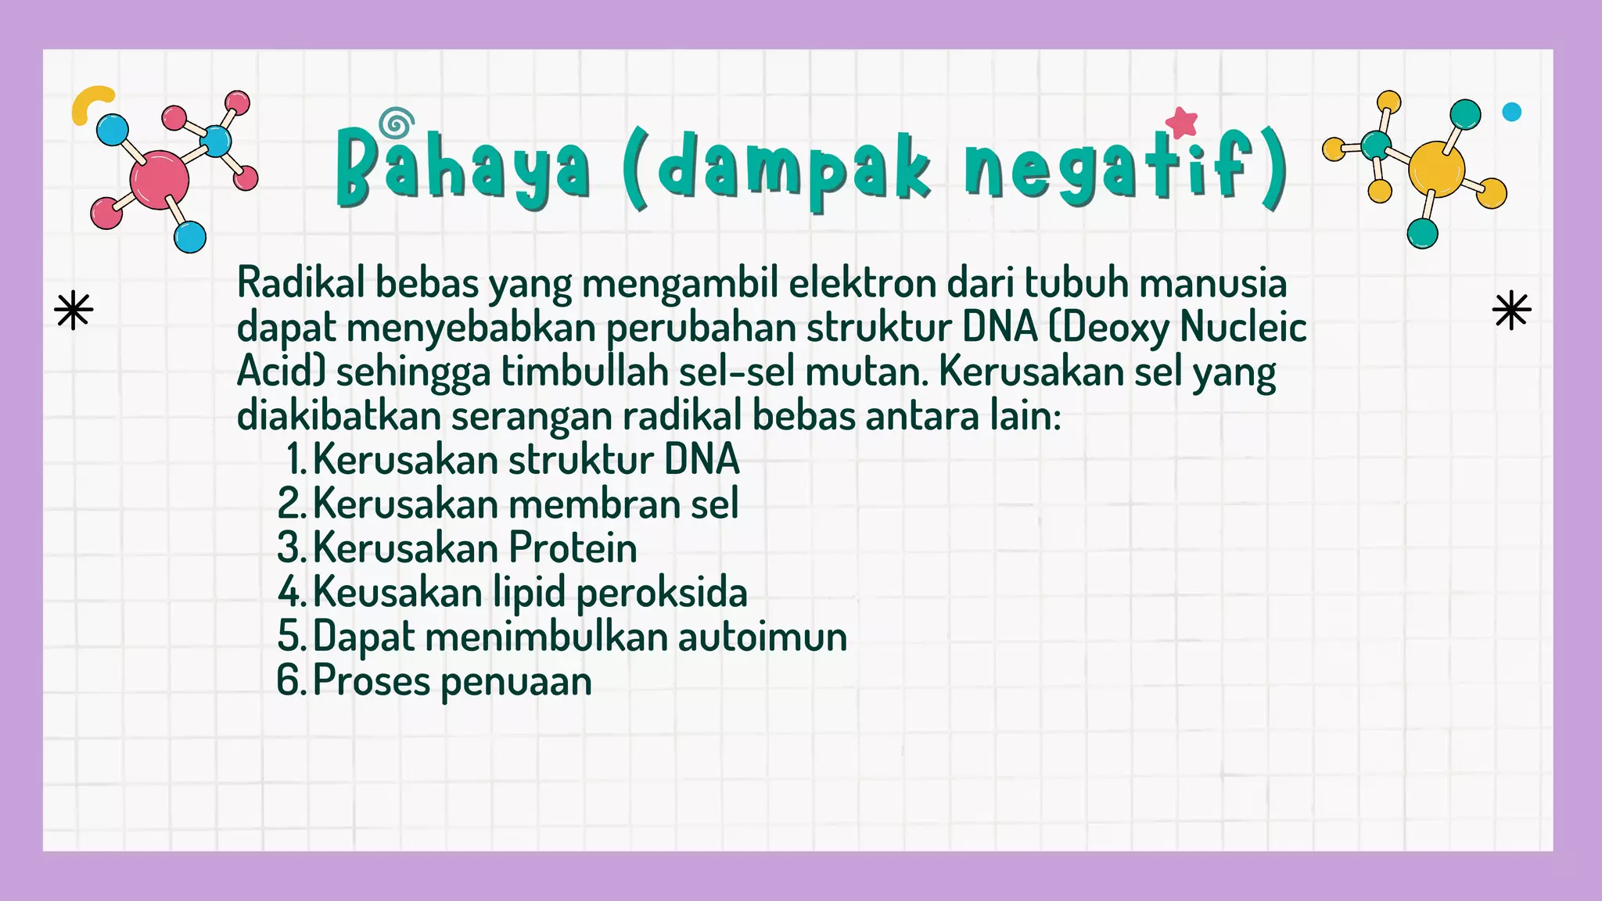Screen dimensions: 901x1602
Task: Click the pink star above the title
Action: (x=1181, y=122)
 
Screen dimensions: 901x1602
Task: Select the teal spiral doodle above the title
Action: (x=397, y=124)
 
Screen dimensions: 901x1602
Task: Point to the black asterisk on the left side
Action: (x=74, y=311)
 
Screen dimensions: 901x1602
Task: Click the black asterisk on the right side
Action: (x=1511, y=311)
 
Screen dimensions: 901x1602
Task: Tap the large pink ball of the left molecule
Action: (x=160, y=179)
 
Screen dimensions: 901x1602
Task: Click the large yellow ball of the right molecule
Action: (x=1436, y=169)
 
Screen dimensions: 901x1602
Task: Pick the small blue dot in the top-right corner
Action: (x=1512, y=112)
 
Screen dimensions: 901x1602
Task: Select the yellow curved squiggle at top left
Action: (x=88, y=102)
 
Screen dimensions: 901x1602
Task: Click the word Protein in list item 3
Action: (x=573, y=547)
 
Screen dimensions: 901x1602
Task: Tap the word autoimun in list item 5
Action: (x=762, y=637)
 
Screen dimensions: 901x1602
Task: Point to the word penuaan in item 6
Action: (x=516, y=682)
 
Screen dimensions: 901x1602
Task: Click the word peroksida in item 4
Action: (x=662, y=593)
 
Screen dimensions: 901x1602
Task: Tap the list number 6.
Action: (x=290, y=680)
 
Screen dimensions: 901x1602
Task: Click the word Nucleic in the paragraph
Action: (x=1243, y=327)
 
